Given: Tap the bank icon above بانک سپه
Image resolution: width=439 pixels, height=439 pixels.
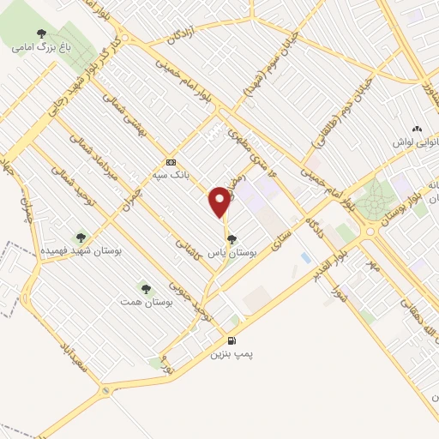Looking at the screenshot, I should click(x=171, y=161).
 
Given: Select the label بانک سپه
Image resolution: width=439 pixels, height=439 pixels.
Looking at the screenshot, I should click(x=170, y=174).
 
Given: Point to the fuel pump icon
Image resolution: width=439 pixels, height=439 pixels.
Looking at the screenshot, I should click(x=232, y=340).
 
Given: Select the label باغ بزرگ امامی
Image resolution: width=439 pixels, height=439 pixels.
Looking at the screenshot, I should click(x=39, y=49).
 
